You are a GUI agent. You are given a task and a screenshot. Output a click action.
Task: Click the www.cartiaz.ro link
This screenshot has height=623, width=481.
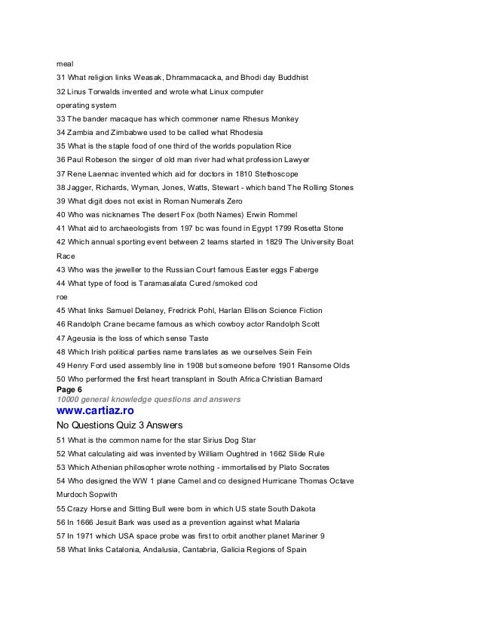pyautogui.click(x=97, y=411)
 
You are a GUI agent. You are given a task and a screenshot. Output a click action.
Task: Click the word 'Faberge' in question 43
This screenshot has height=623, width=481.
pyautogui.click(x=300, y=269)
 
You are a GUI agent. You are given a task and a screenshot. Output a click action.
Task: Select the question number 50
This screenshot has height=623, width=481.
pyautogui.click(x=62, y=379)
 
